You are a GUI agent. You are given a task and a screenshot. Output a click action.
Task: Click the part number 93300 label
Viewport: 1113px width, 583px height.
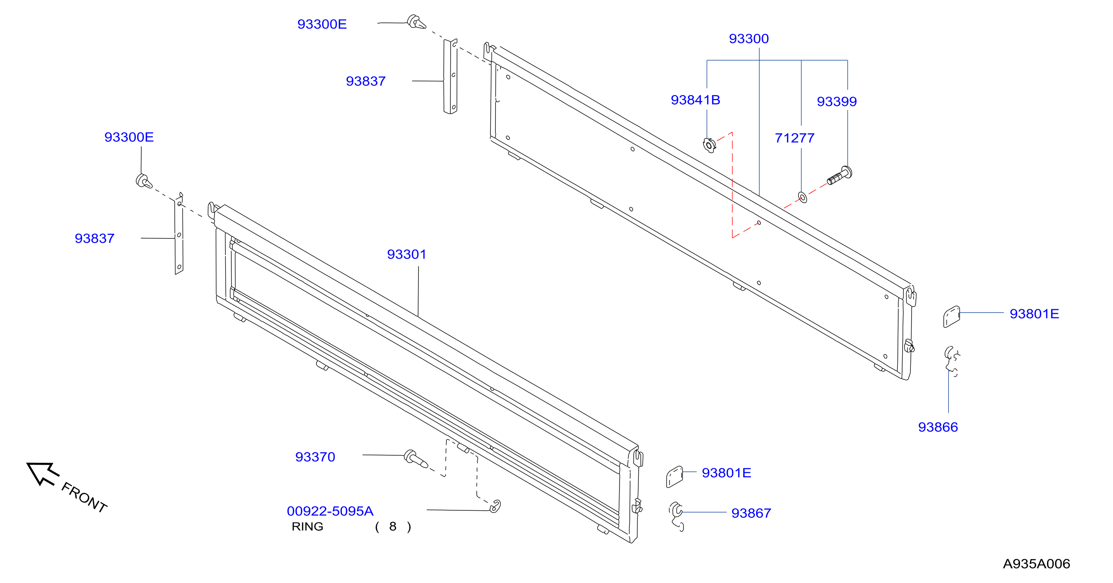click(749, 38)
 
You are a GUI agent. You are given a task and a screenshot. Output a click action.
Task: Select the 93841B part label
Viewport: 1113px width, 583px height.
click(695, 100)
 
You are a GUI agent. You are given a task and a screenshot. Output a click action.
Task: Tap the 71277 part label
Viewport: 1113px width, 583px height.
click(795, 138)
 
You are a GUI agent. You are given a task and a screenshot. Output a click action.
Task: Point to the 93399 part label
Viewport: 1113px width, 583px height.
click(837, 101)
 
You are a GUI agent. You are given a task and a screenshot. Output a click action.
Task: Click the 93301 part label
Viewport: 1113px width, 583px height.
click(407, 254)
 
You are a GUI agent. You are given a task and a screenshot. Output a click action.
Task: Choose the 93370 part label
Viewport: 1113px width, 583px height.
click(315, 457)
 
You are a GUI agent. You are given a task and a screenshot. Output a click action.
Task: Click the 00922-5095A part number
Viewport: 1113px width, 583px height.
click(330, 511)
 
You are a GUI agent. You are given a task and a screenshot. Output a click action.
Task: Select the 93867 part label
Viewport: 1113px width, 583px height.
click(751, 513)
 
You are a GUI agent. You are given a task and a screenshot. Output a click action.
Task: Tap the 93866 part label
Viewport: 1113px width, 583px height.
click(938, 427)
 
